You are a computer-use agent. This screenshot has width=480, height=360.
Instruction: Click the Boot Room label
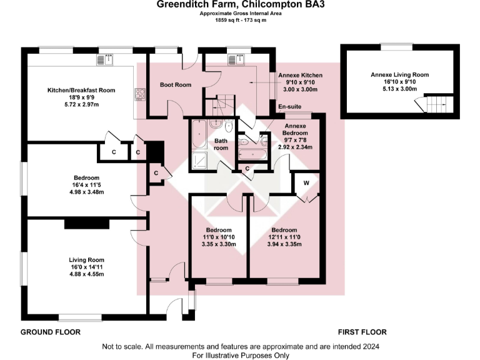(x=176, y=85)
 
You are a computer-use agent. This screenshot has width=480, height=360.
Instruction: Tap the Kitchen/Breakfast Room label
(x=81, y=91)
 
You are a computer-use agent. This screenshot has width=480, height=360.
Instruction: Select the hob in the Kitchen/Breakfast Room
(x=139, y=95)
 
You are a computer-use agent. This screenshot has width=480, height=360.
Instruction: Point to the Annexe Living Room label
(x=399, y=74)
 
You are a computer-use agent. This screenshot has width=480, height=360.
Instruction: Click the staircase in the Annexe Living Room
(x=434, y=104)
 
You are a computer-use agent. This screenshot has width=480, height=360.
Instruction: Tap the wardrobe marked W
(x=307, y=183)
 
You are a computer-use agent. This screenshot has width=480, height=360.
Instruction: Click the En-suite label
(x=289, y=106)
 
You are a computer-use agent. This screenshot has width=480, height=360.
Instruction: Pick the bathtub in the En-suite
(x=253, y=152)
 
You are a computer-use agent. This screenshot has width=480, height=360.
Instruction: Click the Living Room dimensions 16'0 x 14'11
(x=87, y=267)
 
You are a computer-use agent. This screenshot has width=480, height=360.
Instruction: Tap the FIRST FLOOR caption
(x=362, y=332)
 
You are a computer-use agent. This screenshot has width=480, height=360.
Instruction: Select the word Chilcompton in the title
(x=271, y=5)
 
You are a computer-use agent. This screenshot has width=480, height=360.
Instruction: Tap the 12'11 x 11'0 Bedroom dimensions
(x=284, y=237)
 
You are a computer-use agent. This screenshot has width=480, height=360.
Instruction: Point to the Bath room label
(x=221, y=145)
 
